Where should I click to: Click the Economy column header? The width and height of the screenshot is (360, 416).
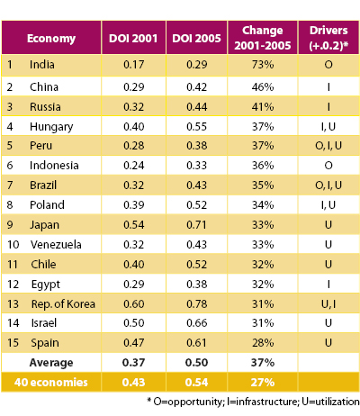tap(51, 39)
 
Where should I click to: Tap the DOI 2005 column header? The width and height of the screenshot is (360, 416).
tap(196, 39)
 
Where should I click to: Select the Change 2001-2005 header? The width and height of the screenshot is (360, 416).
tap(263, 38)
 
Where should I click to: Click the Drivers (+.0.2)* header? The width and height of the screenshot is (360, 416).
tap(328, 38)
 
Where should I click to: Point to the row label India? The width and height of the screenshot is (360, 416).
tap(42, 65)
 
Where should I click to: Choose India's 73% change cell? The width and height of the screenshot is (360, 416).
tap(263, 65)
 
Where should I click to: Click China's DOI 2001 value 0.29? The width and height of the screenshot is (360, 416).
tap(134, 87)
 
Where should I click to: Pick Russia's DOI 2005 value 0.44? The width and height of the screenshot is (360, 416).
tap(197, 107)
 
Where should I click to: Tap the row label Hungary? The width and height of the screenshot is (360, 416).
tap(51, 127)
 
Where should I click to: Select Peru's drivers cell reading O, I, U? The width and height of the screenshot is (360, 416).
tap(328, 146)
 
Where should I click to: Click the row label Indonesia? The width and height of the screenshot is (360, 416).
tap(54, 166)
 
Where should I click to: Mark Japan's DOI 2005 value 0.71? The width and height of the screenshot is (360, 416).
tap(197, 225)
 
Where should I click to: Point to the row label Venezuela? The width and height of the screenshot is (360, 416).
tap(56, 245)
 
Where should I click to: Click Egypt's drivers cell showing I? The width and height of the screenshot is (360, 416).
tap(328, 284)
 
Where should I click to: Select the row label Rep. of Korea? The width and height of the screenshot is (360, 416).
tap(63, 304)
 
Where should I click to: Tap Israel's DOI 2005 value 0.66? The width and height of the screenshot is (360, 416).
tap(197, 323)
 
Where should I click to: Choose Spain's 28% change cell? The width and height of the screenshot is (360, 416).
tap(263, 343)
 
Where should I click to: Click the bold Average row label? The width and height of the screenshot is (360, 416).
tap(51, 363)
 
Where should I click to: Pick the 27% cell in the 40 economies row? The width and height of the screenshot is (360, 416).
tap(263, 383)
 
